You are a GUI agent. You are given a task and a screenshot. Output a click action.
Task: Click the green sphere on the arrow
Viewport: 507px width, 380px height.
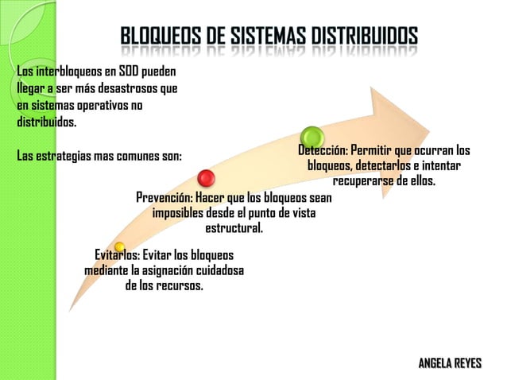(311, 137)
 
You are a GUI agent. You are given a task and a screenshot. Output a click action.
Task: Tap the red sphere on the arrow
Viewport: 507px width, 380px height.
(207, 178)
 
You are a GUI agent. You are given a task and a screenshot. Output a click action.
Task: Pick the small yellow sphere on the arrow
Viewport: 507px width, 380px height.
(119, 247)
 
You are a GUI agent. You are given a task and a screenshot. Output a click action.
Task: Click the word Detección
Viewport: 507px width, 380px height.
(323, 150)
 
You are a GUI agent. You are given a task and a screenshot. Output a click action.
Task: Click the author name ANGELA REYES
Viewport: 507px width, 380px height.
(450, 363)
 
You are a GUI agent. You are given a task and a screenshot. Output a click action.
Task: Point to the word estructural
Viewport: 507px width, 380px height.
(234, 229)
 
